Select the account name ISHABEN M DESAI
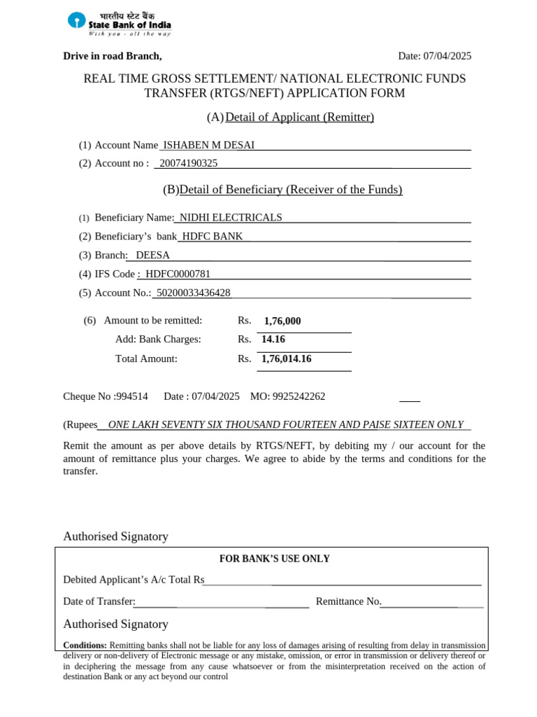[208, 145]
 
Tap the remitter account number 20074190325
[188, 163]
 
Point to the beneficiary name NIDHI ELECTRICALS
[230, 218]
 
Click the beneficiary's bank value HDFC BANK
[213, 237]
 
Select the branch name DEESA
[152, 256]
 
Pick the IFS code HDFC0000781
[178, 274]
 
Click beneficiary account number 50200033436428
[194, 293]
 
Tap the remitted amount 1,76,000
[282, 321]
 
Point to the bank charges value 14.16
[273, 340]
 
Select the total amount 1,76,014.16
[287, 359]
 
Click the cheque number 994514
[132, 396]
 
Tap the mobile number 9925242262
[299, 396]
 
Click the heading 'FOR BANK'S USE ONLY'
[274, 559]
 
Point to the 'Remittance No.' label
[348, 601]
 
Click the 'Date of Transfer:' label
[99, 601]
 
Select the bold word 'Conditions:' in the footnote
[85, 646]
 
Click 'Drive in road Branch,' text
[113, 56]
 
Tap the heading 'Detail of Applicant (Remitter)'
[299, 117]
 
